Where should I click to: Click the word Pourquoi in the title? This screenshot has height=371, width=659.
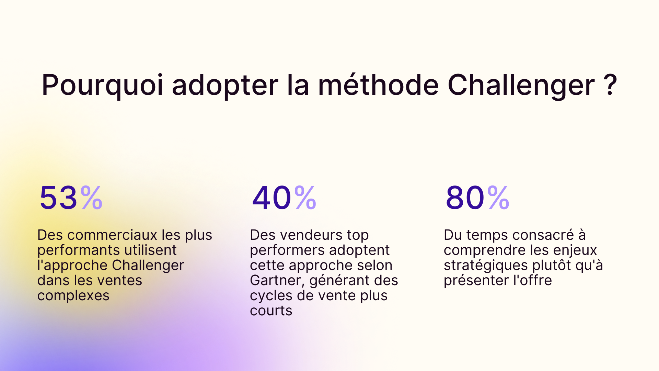point(102,85)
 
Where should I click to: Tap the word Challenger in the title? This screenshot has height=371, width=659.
point(521,85)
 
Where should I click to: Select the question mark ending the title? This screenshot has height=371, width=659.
point(610,85)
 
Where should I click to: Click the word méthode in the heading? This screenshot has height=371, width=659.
point(378,85)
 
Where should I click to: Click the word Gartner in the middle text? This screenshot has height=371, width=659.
point(277,281)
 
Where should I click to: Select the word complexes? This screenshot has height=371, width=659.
point(73,296)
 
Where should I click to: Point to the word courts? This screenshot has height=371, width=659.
point(271,311)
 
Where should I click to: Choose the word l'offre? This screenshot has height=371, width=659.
point(532,280)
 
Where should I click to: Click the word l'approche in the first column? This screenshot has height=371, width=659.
point(72,266)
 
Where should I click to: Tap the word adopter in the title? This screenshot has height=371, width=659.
point(225,85)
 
